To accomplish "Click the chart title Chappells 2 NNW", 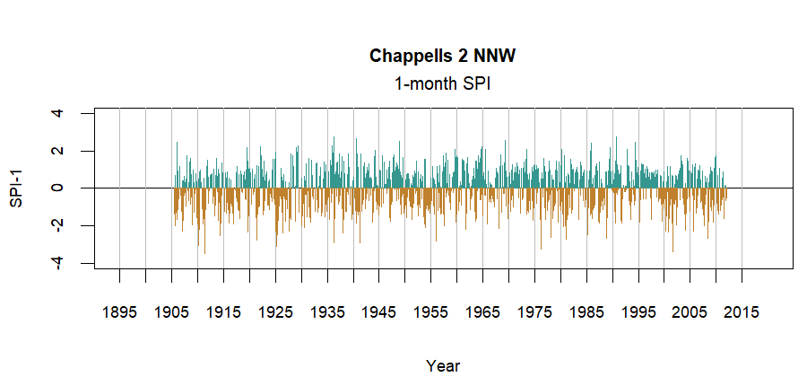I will pos(443,57).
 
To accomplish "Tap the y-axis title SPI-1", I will pos(16,188).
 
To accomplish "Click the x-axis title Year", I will pos(443,365).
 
